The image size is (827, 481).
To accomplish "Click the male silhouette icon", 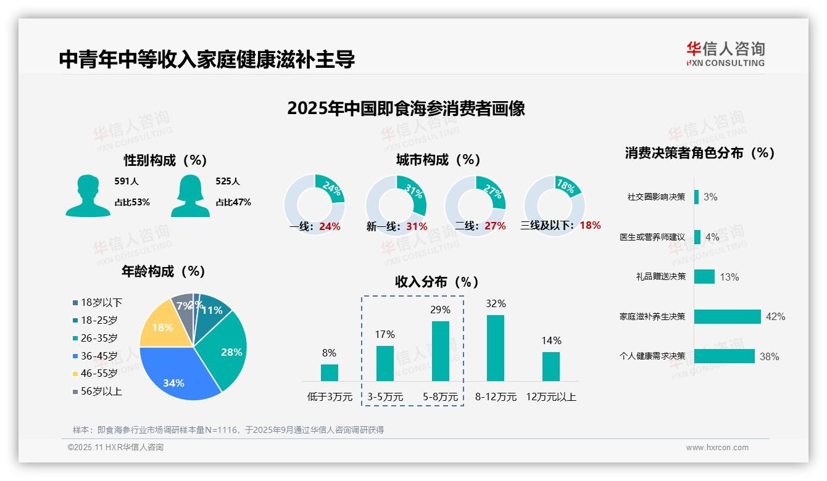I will tap(88, 195).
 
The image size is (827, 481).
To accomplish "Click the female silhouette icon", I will tap(190, 195).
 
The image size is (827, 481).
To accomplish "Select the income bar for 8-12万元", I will tap(496, 348).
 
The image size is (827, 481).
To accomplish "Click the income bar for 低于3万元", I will tap(329, 372).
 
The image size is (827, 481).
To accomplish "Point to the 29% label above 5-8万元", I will tap(440, 310).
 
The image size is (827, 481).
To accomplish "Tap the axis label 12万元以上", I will tap(551, 397).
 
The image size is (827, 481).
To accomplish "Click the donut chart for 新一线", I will tap(396, 205).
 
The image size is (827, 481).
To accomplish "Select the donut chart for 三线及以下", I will tap(554, 205).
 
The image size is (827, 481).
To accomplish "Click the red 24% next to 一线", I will tap(330, 226).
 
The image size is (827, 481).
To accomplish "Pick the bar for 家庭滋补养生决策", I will tap(727, 316).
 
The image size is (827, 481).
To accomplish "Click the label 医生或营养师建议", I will tap(652, 237).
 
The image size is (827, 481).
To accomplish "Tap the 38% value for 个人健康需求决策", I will tap(769, 356).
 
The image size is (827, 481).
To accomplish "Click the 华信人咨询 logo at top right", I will tap(725, 54).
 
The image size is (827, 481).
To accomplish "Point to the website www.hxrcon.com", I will tap(717, 448).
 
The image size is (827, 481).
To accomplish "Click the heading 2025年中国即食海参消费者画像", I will tap(405, 109).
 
